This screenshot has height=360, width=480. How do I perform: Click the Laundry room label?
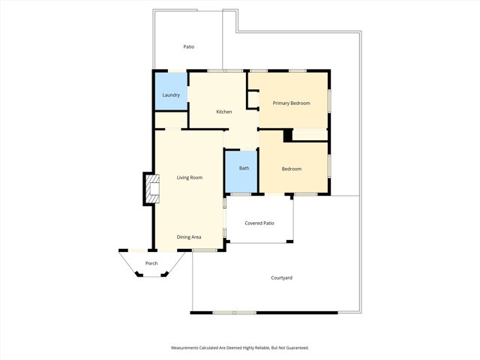(x=170, y=95)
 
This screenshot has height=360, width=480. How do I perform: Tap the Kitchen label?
(x=223, y=112)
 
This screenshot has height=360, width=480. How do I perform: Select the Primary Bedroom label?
(x=291, y=103)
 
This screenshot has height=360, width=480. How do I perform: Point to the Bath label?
(x=244, y=168)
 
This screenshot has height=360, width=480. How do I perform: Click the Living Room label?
(x=190, y=178)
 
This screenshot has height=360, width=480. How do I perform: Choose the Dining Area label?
(x=189, y=237)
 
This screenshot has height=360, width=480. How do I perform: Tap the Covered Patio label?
(x=259, y=223)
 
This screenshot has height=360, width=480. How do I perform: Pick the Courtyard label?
(x=281, y=278)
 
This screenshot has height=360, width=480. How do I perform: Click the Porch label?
(x=151, y=263)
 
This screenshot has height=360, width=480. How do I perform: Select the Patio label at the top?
(x=189, y=47)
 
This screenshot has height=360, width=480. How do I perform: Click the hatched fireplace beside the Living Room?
(x=152, y=189)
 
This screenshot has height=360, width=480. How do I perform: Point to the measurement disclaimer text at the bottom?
(x=240, y=348)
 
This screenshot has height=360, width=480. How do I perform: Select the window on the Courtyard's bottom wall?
(x=234, y=312)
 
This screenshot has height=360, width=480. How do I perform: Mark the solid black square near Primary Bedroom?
(x=286, y=136)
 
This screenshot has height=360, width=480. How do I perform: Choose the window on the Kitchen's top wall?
(x=219, y=71)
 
